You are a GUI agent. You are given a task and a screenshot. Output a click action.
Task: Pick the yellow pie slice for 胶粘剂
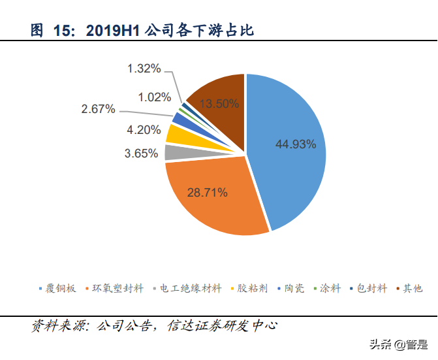pyautogui.click(x=174, y=134)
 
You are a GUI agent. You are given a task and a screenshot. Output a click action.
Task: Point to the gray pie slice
pyautogui.click(x=171, y=152)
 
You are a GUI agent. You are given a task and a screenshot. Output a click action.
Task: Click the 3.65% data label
pyautogui.click(x=142, y=154)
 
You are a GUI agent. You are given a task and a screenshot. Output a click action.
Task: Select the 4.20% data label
pyautogui.click(x=144, y=129)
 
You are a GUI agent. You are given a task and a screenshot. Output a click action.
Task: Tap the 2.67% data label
pyautogui.click(x=98, y=109)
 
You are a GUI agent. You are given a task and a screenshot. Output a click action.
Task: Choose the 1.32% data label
pyautogui.click(x=144, y=68)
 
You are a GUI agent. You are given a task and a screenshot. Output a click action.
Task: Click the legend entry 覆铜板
pyautogui.click(x=59, y=288)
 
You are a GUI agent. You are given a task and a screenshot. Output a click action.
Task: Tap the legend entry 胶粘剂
pyautogui.click(x=252, y=288)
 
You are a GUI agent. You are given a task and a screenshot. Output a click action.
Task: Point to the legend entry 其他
pyautogui.click(x=412, y=288)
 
